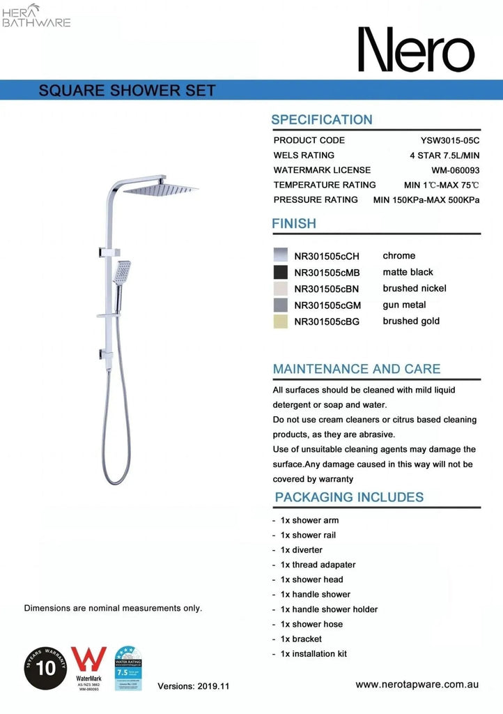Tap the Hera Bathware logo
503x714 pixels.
(36, 15)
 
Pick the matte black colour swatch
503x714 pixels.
(281, 272)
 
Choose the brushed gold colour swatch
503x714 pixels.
(281, 321)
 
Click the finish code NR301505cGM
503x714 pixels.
(327, 305)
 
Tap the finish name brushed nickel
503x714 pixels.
(415, 289)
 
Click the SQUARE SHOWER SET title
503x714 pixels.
(127, 91)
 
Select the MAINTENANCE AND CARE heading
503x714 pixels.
(357, 369)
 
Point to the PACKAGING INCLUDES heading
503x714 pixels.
(349, 497)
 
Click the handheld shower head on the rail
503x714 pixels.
(123, 272)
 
